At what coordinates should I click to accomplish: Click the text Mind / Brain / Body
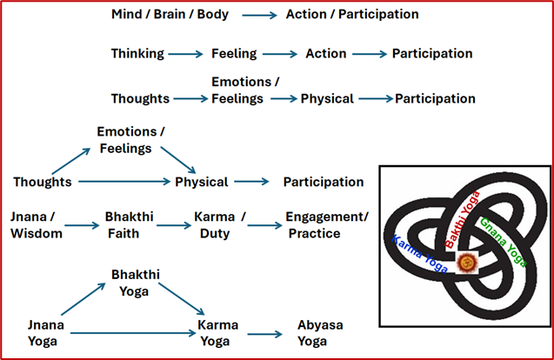pyautogui.click(x=171, y=15)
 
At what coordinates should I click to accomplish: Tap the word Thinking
pyautogui.click(x=137, y=54)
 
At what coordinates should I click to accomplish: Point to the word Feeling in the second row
pyautogui.click(x=234, y=54)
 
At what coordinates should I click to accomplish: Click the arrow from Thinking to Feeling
pyautogui.click(x=186, y=54)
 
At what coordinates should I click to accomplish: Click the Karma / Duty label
pyautogui.click(x=217, y=224)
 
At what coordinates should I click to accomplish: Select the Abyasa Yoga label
pyautogui.click(x=320, y=332)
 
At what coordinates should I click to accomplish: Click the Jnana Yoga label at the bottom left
pyautogui.click(x=43, y=332)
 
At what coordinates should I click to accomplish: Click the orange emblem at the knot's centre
pyautogui.click(x=464, y=260)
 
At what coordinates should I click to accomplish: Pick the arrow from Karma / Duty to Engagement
pyautogui.click(x=264, y=225)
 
